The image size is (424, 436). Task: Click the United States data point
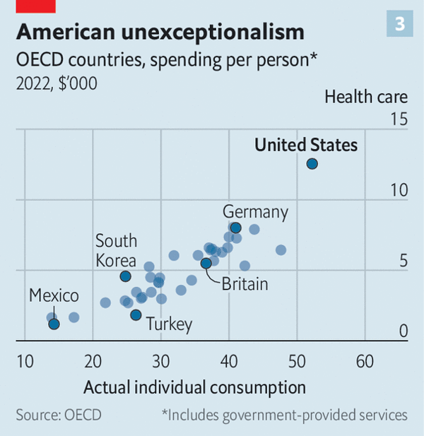coord(312,164)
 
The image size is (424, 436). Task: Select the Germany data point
coord(236,228)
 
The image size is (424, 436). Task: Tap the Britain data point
coord(206,263)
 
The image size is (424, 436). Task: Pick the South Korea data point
coord(125,276)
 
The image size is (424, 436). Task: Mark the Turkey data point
coord(136,315)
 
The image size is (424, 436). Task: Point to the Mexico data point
coord(54,324)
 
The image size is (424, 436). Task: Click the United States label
coord(306,145)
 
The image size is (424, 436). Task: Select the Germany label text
coord(255,213)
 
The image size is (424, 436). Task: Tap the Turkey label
coord(169,324)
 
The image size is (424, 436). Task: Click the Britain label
coord(245,285)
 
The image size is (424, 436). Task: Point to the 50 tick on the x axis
coord(297,362)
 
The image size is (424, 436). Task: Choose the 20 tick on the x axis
coord(93,362)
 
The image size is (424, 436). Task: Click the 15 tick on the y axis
coord(399,119)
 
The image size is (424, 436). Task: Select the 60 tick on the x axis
coord(365,362)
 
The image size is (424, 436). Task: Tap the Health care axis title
coord(366,97)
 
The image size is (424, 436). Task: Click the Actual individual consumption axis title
coord(194,388)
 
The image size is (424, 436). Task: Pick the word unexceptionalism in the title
coord(213,33)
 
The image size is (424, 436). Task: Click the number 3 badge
coord(400,23)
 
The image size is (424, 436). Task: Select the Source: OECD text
coord(59,415)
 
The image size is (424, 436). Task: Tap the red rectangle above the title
coord(36,6)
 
